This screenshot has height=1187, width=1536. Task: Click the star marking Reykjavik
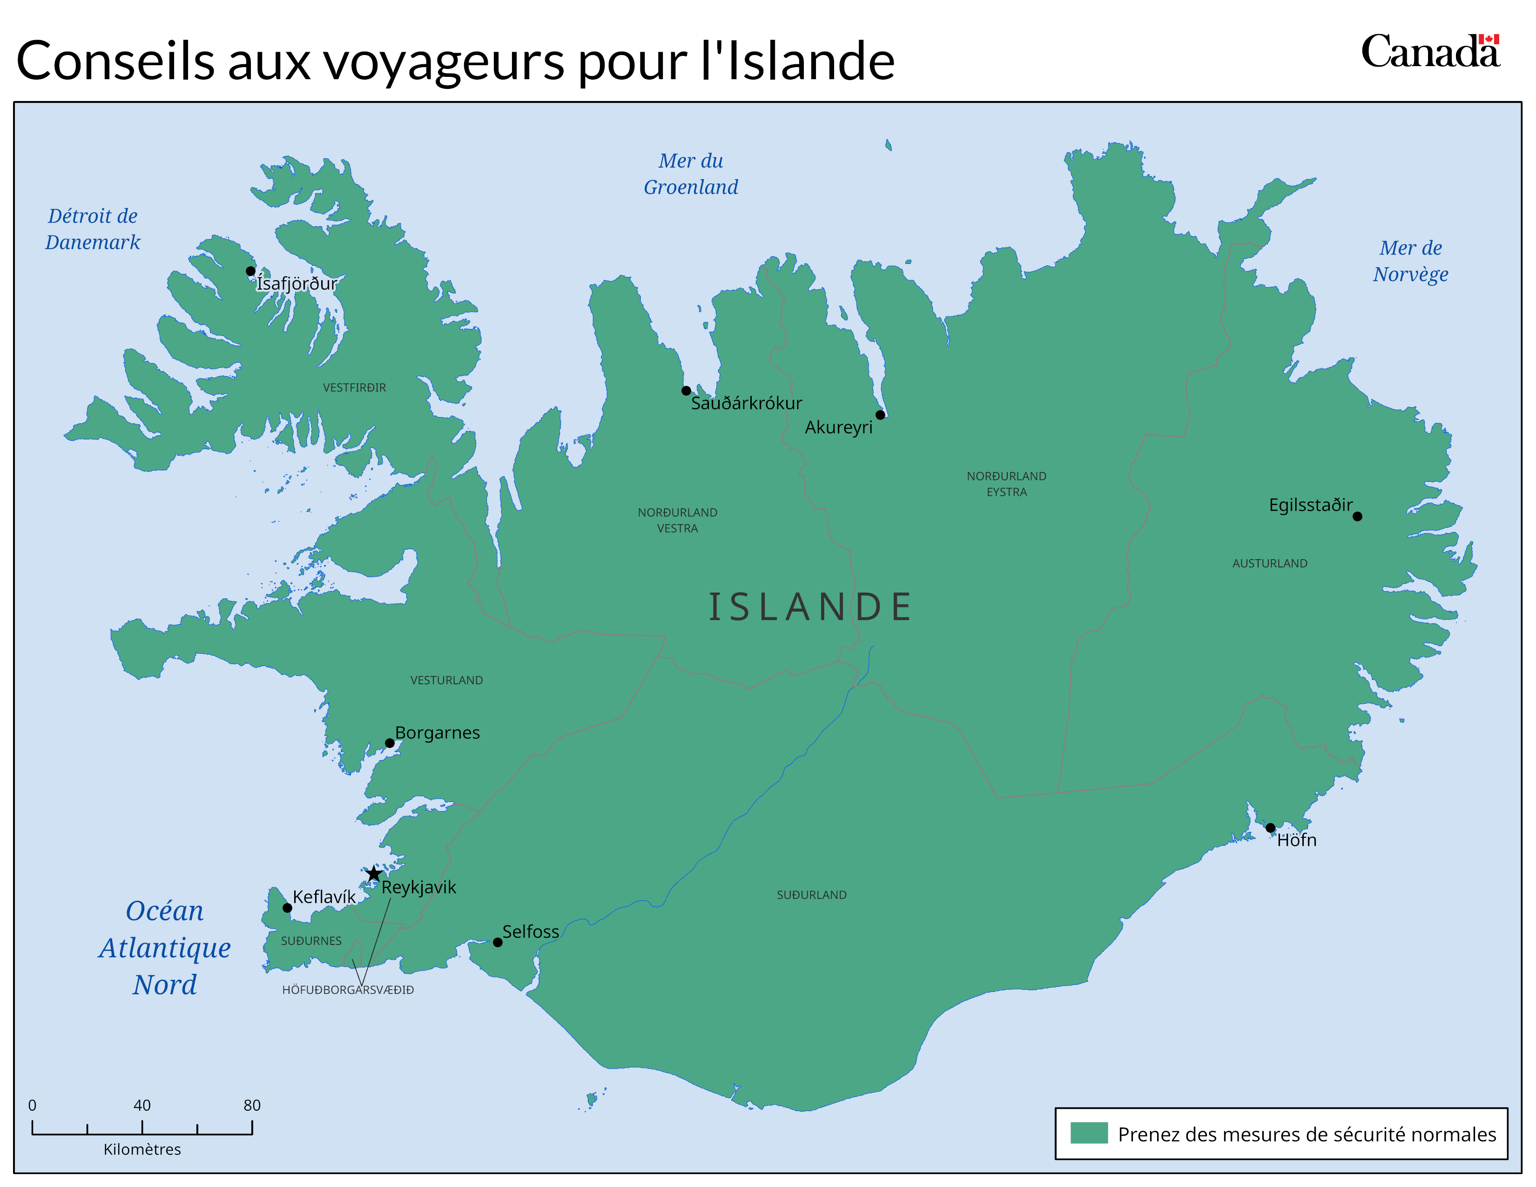[373, 874]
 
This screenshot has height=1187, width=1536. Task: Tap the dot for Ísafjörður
[250, 271]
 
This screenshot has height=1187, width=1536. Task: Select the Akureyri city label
[838, 427]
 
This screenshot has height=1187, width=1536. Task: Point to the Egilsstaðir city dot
[1357, 516]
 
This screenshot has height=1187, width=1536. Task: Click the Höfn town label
[1296, 840]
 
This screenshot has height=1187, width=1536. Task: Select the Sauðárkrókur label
[746, 404]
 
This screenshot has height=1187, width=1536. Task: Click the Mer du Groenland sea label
[691, 174]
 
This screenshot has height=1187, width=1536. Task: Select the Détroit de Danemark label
[92, 229]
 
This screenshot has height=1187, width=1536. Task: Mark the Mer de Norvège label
[1410, 261]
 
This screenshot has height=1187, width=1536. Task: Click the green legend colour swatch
[1089, 1133]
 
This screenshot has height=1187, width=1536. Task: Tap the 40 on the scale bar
[141, 1105]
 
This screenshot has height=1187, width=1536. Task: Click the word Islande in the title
[809, 61]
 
